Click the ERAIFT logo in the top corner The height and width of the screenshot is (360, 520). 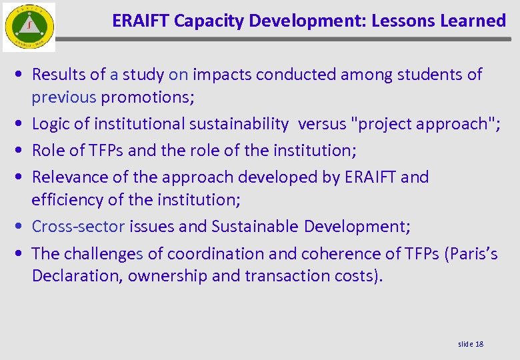point(29,27)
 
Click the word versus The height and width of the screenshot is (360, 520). point(322,124)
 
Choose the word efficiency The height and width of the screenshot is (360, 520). point(65,200)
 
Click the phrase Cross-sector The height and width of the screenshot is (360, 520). point(78,227)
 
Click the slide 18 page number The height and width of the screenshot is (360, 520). point(471,343)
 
